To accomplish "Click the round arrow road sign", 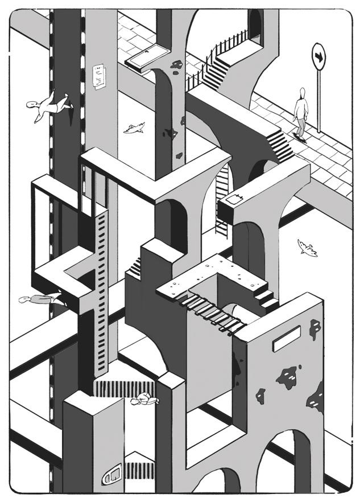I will (318, 57).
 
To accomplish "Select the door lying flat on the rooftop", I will (147, 57).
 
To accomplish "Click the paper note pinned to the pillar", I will (100, 77).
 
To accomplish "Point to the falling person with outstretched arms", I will (49, 107).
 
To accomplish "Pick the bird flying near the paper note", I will (134, 129).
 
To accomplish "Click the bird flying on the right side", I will (307, 248).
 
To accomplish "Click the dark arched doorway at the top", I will (256, 26).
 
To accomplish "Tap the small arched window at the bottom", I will (112, 474).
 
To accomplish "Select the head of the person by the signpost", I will (303, 92).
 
